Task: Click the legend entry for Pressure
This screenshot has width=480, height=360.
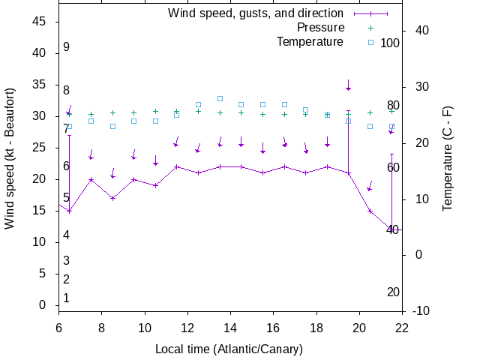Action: click(x=320, y=28)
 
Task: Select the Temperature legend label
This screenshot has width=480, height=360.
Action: click(x=310, y=42)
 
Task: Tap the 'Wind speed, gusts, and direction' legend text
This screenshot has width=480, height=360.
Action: click(x=255, y=13)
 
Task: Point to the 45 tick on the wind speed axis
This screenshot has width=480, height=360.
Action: click(x=41, y=22)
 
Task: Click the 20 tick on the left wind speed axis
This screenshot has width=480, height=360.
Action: click(x=41, y=179)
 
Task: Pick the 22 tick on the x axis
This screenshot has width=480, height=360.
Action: click(x=403, y=327)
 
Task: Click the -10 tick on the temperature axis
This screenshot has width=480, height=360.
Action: click(x=421, y=310)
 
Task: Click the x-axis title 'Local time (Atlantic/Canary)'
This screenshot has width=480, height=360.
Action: click(x=229, y=349)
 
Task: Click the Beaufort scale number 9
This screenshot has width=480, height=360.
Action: click(x=67, y=47)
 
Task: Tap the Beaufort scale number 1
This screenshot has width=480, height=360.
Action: click(x=67, y=298)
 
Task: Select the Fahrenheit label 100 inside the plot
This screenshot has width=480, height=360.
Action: click(x=390, y=43)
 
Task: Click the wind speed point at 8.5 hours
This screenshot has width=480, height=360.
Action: click(x=112, y=198)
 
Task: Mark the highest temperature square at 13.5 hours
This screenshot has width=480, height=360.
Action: click(x=220, y=98)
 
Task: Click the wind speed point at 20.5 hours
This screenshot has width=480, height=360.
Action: click(x=370, y=211)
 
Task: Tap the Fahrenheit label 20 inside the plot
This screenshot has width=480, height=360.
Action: click(x=393, y=292)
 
